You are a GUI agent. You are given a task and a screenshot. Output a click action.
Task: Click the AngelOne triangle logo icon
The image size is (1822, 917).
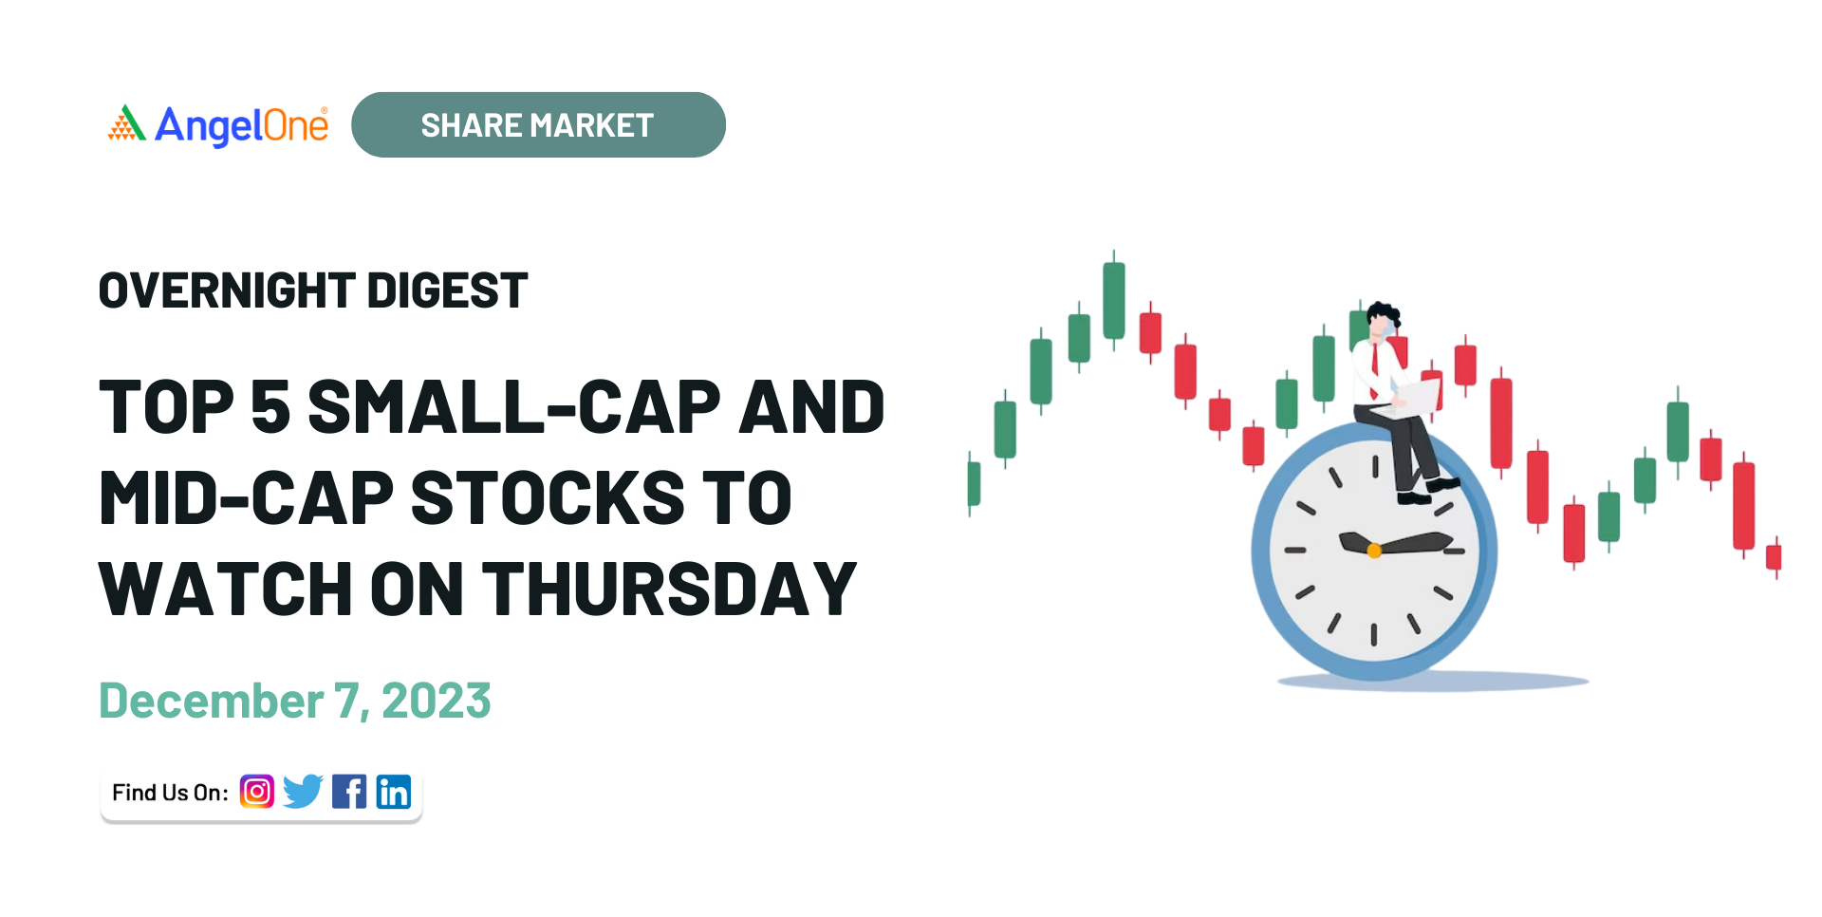pyautogui.click(x=127, y=123)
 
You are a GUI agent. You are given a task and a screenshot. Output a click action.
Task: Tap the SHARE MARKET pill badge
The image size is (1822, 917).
pyautogui.click(x=538, y=124)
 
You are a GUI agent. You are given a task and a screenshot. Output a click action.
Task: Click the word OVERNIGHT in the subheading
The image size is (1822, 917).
pyautogui.click(x=227, y=290)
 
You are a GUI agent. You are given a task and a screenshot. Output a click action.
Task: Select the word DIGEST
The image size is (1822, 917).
pyautogui.click(x=447, y=290)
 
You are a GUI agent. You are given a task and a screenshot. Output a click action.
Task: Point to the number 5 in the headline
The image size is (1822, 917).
pyautogui.click(x=270, y=407)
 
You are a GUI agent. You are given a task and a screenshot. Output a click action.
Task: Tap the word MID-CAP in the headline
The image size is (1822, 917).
pyautogui.click(x=247, y=498)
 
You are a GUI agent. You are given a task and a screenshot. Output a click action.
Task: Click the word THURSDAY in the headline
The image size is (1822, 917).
pyautogui.click(x=670, y=589)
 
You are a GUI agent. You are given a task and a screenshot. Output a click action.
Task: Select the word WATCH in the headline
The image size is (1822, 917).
pyautogui.click(x=226, y=589)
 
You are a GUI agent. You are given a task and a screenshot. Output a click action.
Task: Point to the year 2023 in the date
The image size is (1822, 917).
pyautogui.click(x=437, y=702)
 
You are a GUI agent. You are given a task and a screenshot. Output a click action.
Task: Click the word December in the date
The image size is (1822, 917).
pyautogui.click(x=212, y=702)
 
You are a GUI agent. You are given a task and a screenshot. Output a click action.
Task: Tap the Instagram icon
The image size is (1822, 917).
pyautogui.click(x=257, y=791)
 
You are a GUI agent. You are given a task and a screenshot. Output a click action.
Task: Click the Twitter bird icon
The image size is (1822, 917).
pyautogui.click(x=304, y=791)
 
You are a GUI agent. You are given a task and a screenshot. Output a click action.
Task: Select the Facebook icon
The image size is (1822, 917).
pyautogui.click(x=349, y=791)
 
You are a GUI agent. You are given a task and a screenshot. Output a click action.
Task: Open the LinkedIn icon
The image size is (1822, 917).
pyautogui.click(x=394, y=791)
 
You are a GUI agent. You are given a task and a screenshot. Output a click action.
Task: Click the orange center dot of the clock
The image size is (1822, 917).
pyautogui.click(x=1373, y=550)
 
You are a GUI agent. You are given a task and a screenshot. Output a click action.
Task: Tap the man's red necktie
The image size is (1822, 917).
pyautogui.click(x=1373, y=370)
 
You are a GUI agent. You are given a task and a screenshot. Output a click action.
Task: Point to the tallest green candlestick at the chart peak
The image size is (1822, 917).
pyautogui.click(x=1114, y=300)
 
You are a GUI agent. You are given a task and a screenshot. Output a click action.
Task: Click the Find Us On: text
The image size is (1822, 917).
pyautogui.click(x=171, y=793)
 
